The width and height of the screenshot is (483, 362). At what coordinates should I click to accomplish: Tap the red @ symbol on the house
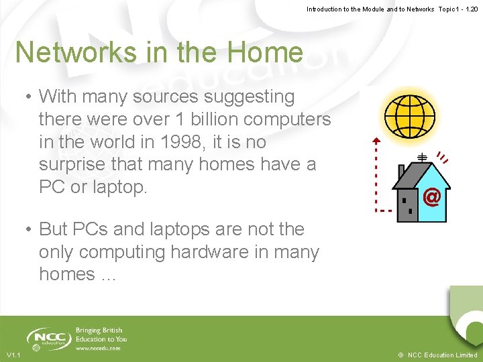432,197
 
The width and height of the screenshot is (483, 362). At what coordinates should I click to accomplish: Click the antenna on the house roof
422,157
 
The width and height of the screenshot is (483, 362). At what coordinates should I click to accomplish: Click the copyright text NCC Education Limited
442,355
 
